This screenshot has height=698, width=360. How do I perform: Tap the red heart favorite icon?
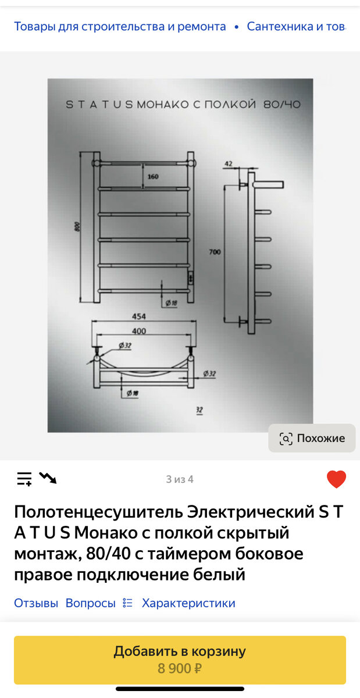pyautogui.click(x=336, y=479)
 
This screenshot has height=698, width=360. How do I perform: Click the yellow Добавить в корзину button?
pyautogui.click(x=180, y=660)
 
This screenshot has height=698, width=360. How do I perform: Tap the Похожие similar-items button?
pyautogui.click(x=312, y=438)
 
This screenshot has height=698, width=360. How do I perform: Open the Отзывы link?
pyautogui.click(x=36, y=603)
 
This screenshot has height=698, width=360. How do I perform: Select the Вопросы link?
pyautogui.click(x=90, y=603)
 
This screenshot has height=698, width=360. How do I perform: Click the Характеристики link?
pyautogui.click(x=188, y=603)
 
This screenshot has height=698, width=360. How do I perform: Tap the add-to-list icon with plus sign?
pyautogui.click(x=24, y=479)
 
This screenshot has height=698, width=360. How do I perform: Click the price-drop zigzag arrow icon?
pyautogui.click(x=48, y=478)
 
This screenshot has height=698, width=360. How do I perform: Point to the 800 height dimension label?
pyautogui.click(x=77, y=226)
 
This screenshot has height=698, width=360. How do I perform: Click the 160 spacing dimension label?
pyautogui.click(x=153, y=177)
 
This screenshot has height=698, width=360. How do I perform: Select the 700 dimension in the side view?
pyautogui.click(x=215, y=252)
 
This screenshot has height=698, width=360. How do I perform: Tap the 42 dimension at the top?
pyautogui.click(x=229, y=163)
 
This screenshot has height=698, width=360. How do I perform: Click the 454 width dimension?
pyautogui.click(x=138, y=316)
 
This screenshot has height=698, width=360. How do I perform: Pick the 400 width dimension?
pyautogui.click(x=138, y=331)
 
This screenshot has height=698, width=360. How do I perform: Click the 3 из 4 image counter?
pyautogui.click(x=180, y=479)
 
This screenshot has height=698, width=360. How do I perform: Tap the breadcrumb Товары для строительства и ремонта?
pyautogui.click(x=120, y=27)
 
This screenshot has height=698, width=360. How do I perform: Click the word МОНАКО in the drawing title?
pyautogui.click(x=163, y=104)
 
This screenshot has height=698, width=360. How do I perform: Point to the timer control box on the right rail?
pyautogui.click(x=190, y=277)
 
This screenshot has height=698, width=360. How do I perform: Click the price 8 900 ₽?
pyautogui.click(x=180, y=668)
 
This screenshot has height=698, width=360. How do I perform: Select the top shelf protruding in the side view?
pyautogui.click(x=268, y=184)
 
